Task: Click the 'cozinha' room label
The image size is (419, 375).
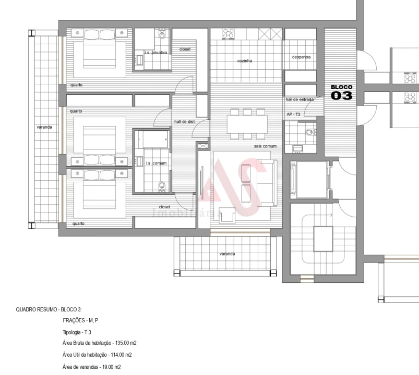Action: click(x=244, y=61)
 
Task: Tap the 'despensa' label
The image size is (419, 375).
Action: click(x=301, y=57)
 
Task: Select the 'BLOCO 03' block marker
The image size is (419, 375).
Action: click(x=342, y=92)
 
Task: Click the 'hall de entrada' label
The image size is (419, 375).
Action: click(x=300, y=99)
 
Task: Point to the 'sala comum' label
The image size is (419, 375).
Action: click(x=265, y=146)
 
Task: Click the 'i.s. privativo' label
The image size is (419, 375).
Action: click(x=156, y=52)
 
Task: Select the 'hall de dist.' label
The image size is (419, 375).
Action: click(x=184, y=122)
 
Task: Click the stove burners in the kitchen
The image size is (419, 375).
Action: click(x=228, y=33)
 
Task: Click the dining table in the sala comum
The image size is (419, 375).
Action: click(x=247, y=124)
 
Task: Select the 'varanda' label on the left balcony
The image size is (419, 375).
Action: click(x=44, y=127)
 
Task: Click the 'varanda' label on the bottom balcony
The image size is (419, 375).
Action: click(x=227, y=254)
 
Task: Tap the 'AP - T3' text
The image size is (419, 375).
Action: click(x=293, y=114)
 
